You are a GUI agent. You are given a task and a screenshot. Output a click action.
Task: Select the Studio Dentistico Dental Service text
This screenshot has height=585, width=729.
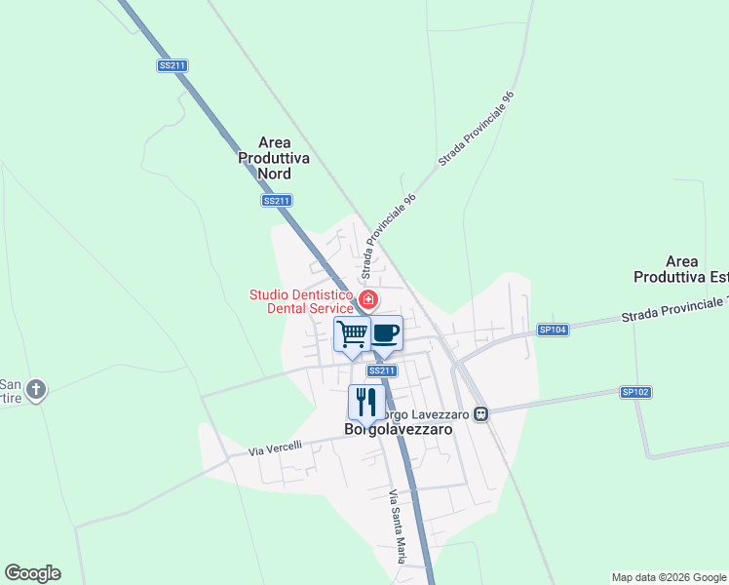pyautogui.click(x=301, y=301)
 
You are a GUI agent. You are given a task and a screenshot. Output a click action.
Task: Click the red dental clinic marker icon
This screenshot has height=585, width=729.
pyautogui.click(x=368, y=299)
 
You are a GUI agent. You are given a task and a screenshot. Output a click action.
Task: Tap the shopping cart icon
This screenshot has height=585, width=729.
pyautogui.click(x=352, y=334)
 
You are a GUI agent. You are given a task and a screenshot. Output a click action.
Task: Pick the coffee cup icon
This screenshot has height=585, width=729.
pyautogui.click(x=385, y=333)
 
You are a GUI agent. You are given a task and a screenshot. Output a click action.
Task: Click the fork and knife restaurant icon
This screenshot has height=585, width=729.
pyautogui.click(x=366, y=401)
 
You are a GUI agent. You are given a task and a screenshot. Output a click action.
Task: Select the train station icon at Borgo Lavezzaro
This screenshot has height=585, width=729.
pyautogui.click(x=480, y=414)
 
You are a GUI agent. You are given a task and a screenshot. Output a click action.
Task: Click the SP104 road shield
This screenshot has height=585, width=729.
pyautogui.click(x=552, y=331)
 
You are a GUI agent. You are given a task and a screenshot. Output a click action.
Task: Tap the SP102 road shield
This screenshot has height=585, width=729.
pyautogui.click(x=634, y=392)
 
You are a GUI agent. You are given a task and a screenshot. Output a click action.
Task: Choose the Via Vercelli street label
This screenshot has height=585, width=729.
pyautogui.click(x=275, y=448)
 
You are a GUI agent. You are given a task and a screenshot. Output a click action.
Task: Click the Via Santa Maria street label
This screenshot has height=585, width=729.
pyautogui.click(x=397, y=526)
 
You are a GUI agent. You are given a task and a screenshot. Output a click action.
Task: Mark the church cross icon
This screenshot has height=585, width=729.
pyautogui.click(x=36, y=390)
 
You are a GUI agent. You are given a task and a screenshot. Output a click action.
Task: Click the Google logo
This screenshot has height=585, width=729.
pyautogui.click(x=32, y=573)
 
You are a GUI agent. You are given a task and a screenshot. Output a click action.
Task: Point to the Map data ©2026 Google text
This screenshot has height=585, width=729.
pyautogui.click(x=668, y=577)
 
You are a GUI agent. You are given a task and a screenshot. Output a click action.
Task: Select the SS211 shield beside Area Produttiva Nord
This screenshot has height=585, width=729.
pyautogui.click(x=277, y=201)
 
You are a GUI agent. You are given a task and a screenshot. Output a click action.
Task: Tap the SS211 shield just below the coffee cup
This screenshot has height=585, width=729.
pyautogui.click(x=382, y=370)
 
